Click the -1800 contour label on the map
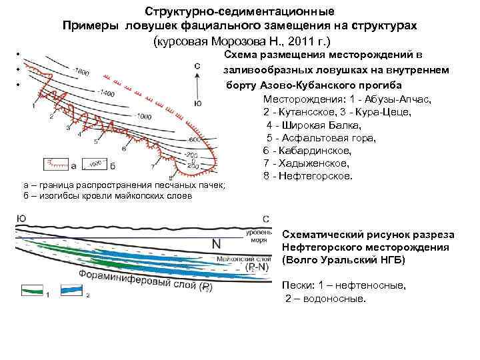[83, 71]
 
